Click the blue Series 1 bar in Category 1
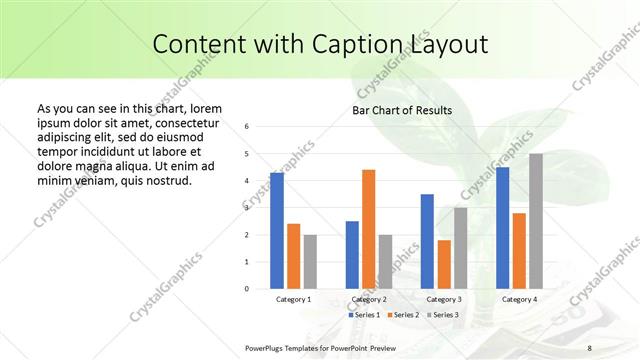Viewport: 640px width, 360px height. (x=277, y=231)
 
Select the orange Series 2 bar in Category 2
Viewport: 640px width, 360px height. (x=369, y=229)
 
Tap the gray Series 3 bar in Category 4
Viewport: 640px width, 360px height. (x=536, y=221)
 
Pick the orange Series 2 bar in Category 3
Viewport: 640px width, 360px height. (x=444, y=264)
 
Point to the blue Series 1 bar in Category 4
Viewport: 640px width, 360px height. (x=502, y=228)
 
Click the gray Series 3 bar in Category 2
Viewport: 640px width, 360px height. (x=386, y=262)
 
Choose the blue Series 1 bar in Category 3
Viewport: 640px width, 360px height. (x=427, y=241)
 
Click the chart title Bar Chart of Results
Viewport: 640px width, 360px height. (x=401, y=110)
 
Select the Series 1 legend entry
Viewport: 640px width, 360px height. (x=365, y=315)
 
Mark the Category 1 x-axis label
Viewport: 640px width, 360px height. (x=293, y=299)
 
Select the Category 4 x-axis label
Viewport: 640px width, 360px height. (x=519, y=299)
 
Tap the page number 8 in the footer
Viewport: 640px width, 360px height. (x=590, y=347)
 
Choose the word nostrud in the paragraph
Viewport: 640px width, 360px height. (x=166, y=180)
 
